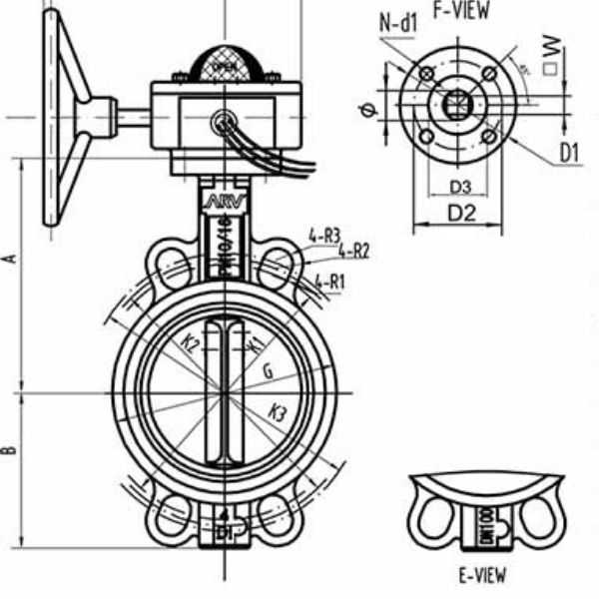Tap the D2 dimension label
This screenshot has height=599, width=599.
[460, 212]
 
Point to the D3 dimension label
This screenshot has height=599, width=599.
[459, 187]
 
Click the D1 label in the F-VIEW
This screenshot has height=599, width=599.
[570, 153]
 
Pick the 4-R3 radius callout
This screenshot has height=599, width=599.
[324, 237]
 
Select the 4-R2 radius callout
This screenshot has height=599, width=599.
[353, 251]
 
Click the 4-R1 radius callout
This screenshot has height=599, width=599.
[329, 282]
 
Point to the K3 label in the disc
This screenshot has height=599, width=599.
[279, 410]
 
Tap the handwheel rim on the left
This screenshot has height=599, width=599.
[50, 120]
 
